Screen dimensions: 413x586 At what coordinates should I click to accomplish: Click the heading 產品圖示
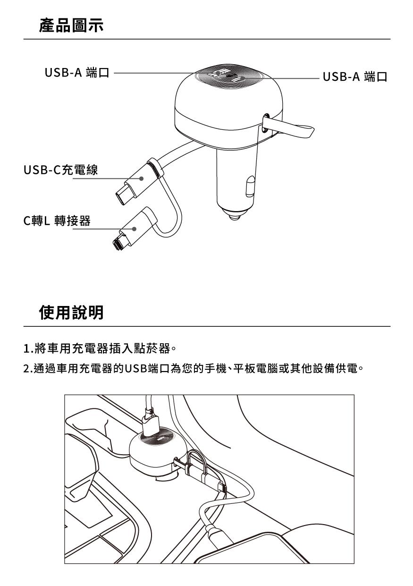tap(71, 25)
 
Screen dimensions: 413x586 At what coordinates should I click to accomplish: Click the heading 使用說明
tap(71, 312)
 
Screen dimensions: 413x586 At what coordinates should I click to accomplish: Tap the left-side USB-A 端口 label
tap(77, 72)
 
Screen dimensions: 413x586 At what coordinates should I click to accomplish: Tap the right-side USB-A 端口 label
tap(355, 76)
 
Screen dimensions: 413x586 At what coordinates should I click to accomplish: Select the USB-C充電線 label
tap(61, 170)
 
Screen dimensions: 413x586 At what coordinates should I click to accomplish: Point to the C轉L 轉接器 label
tap(57, 221)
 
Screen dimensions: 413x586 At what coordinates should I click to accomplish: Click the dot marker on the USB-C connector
tap(141, 178)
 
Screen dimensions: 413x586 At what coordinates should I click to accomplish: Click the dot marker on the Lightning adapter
tap(134, 229)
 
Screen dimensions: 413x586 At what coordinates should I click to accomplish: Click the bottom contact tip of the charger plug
tap(235, 217)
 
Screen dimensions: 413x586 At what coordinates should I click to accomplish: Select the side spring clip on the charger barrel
tap(250, 186)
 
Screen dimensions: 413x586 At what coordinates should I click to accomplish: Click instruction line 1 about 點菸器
tap(100, 349)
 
